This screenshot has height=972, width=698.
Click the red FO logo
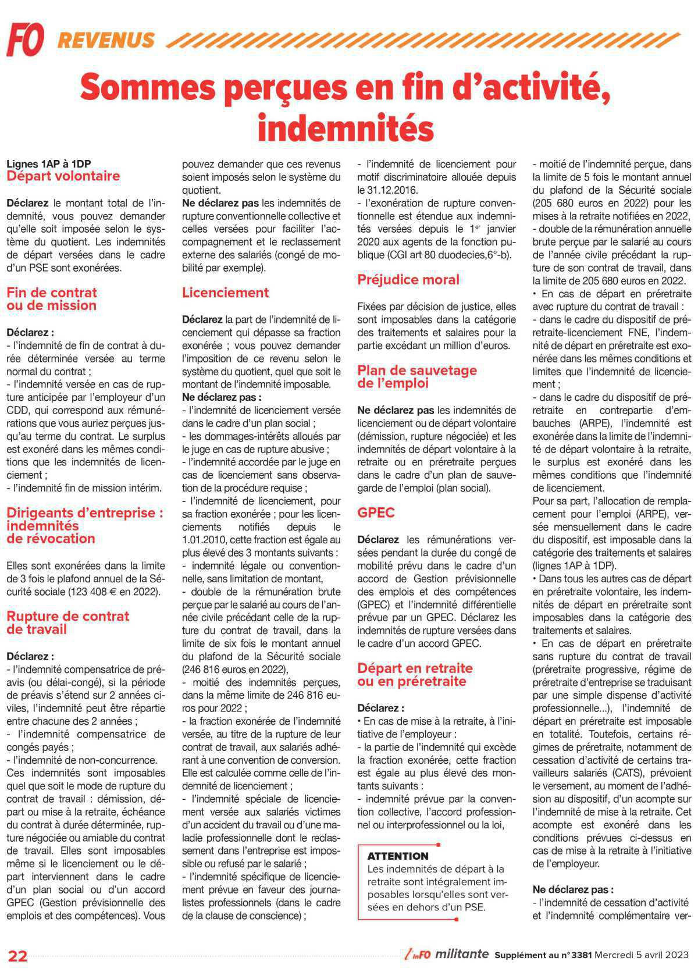(25, 40)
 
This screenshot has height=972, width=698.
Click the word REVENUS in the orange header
(106, 40)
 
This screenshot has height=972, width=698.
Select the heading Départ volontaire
(63, 176)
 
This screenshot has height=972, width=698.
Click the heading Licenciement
(226, 293)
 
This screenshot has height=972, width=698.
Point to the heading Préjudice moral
(408, 280)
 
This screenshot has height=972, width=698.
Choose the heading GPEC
(376, 513)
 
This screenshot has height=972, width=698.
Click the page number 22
(17, 956)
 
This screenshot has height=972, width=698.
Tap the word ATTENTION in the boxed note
(398, 856)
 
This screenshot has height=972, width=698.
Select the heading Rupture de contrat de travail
(67, 623)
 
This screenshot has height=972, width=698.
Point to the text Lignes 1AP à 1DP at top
(49, 164)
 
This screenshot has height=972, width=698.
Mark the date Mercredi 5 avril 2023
(645, 955)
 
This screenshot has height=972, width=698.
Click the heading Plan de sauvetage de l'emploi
(417, 377)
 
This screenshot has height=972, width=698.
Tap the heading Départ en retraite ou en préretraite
(415, 675)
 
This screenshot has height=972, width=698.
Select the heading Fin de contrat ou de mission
(52, 299)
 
